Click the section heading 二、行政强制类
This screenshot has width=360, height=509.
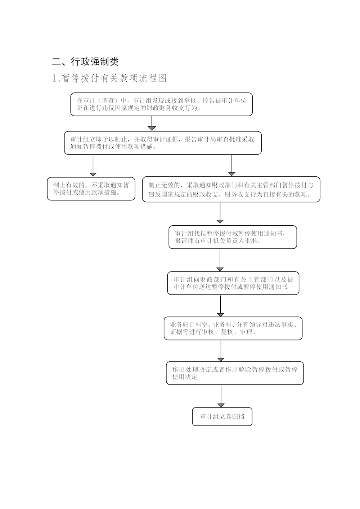[x=85, y=61]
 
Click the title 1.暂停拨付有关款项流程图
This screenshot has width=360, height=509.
[x=109, y=78]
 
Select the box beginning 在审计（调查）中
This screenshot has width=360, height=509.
[x=161, y=104]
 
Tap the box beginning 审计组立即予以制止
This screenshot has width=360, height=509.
[x=163, y=143]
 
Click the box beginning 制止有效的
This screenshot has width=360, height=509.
[x=91, y=189]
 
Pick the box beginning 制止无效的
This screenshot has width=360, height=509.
[x=231, y=189]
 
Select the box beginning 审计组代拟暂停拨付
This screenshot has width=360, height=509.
[x=233, y=237]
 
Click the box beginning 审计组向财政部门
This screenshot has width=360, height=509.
[x=233, y=283]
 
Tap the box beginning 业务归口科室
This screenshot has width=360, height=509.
[x=233, y=328]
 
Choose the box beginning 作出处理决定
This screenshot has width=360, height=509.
[x=235, y=373]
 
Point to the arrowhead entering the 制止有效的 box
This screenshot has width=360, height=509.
[x=93, y=175]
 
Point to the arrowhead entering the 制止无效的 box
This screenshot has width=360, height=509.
[x=231, y=174]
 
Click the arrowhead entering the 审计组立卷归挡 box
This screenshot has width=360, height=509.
[x=221, y=405]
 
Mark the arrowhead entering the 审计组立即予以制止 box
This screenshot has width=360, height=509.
[x=152, y=129]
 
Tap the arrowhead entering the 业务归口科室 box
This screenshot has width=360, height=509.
[x=220, y=315]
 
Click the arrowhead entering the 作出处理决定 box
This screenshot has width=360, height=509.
[x=221, y=360]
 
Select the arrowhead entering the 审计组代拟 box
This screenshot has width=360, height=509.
[x=220, y=221]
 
